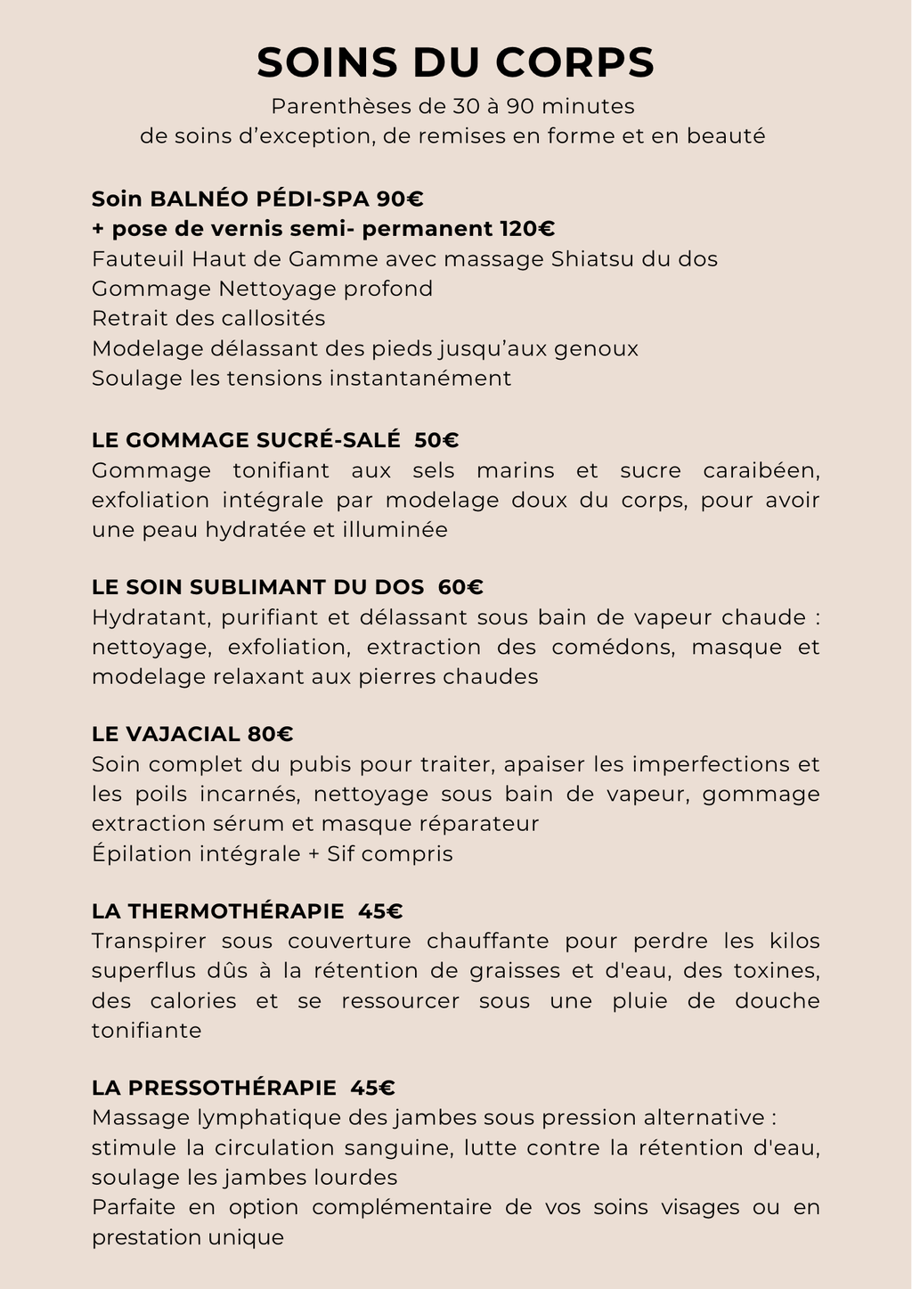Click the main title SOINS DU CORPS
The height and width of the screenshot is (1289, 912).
pyautogui.click(x=455, y=63)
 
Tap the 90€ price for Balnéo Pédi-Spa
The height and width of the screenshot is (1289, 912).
pyautogui.click(x=400, y=198)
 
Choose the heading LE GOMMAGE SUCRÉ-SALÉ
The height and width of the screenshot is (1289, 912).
pyautogui.click(x=246, y=440)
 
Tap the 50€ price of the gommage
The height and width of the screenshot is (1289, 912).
pyautogui.click(x=437, y=440)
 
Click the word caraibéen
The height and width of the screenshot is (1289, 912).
pyautogui.click(x=761, y=470)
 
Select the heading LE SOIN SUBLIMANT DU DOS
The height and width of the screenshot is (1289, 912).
pyautogui.click(x=258, y=587)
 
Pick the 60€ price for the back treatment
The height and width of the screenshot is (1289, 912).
pyautogui.click(x=461, y=587)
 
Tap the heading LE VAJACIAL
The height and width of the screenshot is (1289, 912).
pyautogui.click(x=167, y=734)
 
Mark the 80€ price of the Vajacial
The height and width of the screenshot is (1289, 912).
pyautogui.click(x=271, y=734)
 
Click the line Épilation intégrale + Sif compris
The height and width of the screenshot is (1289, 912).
pyautogui.click(x=273, y=853)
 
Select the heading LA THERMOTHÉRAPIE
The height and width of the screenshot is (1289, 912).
pyautogui.click(x=218, y=911)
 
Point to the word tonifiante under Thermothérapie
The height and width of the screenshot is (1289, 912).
pyautogui.click(x=147, y=1031)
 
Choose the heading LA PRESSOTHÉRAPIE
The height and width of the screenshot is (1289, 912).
pyautogui.click(x=215, y=1088)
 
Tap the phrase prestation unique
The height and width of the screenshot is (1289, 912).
pyautogui.click(x=188, y=1237)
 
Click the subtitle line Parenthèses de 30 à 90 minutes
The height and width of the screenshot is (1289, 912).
pyautogui.click(x=452, y=107)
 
